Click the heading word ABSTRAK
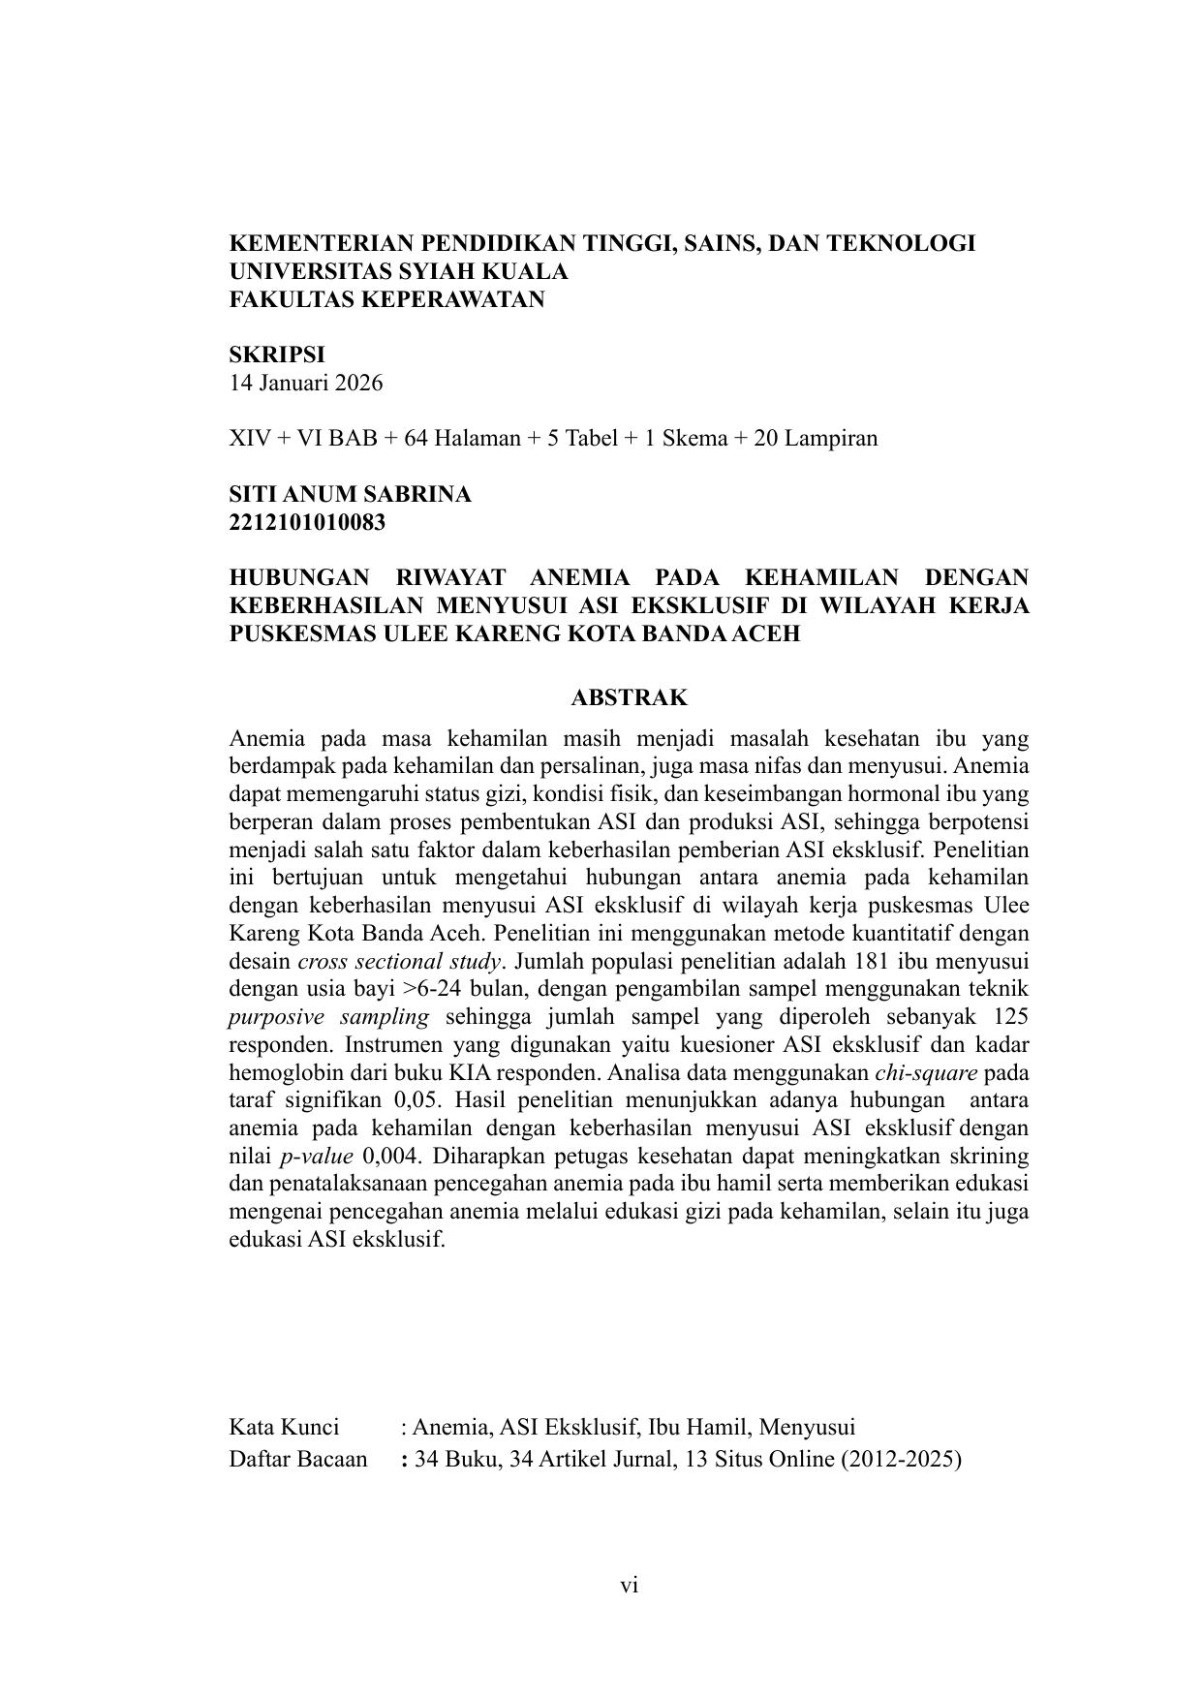pyautogui.click(x=630, y=697)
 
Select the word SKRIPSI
pyautogui.click(x=276, y=355)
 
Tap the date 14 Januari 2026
pyautogui.click(x=305, y=383)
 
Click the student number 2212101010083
pyautogui.click(x=307, y=522)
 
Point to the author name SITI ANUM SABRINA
pyautogui.click(x=350, y=494)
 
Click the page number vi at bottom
pyautogui.click(x=630, y=1586)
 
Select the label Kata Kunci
pyautogui.click(x=284, y=1427)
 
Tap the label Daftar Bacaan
pyautogui.click(x=298, y=1459)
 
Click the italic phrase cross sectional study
pyautogui.click(x=400, y=962)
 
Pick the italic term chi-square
pyautogui.click(x=926, y=1073)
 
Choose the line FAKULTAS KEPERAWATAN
pyautogui.click(x=386, y=299)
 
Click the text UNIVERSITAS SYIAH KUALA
pyautogui.click(x=398, y=271)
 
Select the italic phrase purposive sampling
pyautogui.click(x=328, y=1017)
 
